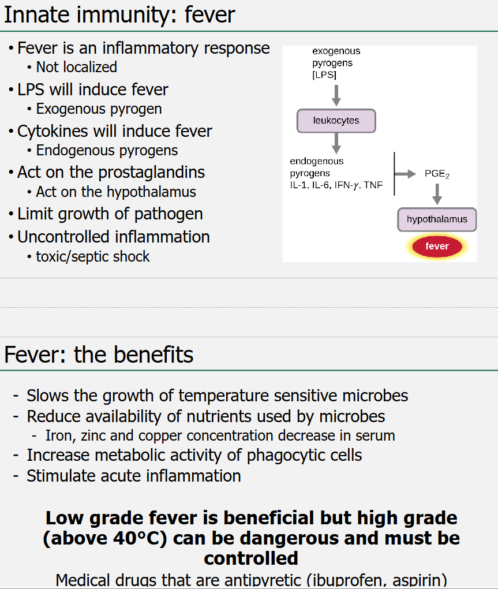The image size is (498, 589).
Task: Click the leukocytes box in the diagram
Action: coord(336,121)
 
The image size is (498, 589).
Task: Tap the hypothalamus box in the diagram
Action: coord(437,219)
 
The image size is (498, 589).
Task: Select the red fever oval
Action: coord(437,247)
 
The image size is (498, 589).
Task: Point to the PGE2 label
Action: coord(437,174)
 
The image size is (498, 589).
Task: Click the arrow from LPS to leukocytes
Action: coord(336,95)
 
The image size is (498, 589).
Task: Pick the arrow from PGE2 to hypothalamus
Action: coord(437,194)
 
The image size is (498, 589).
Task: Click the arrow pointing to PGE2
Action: coord(406,174)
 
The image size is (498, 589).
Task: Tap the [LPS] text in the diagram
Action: coord(325,75)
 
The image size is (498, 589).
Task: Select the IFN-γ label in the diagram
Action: coord(346,185)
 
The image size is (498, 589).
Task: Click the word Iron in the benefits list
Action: coord(57,435)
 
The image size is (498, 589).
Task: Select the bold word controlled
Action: coord(251,558)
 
